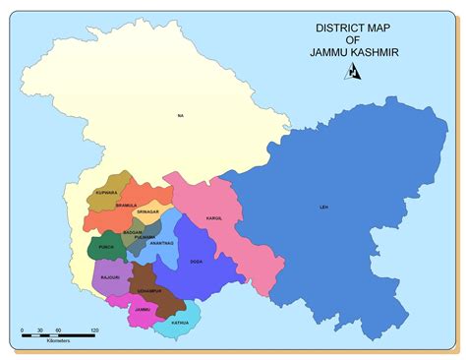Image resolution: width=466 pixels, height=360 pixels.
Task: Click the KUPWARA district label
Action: (106, 193)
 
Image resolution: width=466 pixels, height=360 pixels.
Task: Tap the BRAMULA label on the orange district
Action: (127, 206)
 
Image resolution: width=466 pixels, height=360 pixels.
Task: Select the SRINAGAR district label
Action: (147, 211)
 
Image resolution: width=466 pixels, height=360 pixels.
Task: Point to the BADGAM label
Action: (133, 232)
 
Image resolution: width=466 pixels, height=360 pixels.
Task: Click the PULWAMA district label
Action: (146, 237)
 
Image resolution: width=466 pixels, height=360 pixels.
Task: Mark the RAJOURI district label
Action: (110, 278)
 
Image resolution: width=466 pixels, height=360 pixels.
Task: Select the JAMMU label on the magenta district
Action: (143, 309)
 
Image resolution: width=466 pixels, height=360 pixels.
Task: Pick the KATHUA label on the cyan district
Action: (179, 322)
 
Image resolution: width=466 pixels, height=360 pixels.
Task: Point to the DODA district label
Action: (197, 262)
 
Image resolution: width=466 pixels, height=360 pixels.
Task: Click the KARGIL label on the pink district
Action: (214, 217)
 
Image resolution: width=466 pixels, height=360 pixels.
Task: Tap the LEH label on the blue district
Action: (323, 208)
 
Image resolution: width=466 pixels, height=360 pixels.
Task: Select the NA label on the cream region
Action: (181, 116)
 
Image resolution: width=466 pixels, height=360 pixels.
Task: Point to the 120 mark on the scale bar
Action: (95, 330)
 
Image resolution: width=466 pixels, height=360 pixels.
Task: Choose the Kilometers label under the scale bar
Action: (58, 343)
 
